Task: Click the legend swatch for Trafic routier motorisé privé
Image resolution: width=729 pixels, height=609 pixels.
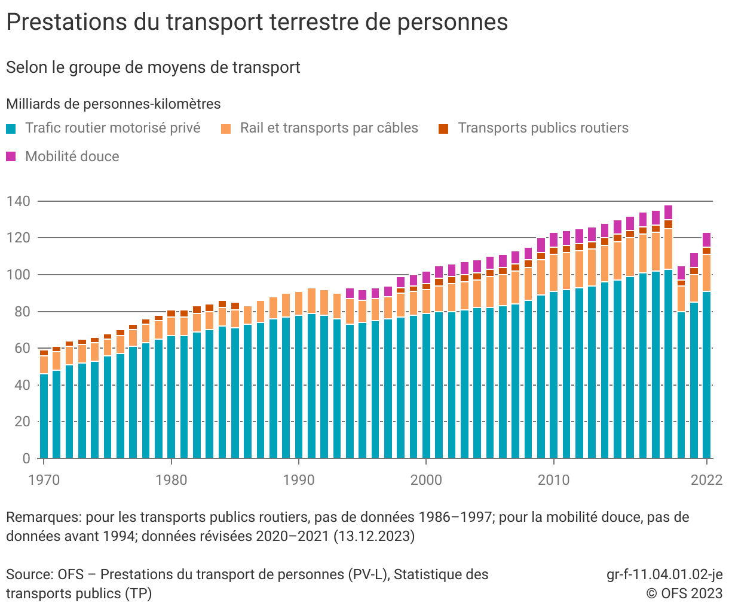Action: click(x=11, y=128)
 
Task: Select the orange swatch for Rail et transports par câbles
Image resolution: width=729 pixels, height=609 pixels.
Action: click(x=226, y=128)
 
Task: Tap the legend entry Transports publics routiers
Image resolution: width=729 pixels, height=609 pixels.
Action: click(x=543, y=128)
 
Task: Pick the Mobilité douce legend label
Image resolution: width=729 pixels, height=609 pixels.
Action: click(x=72, y=156)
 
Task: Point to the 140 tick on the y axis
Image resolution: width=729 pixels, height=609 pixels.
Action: click(x=18, y=201)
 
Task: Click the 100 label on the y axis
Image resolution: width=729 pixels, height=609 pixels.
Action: click(x=18, y=275)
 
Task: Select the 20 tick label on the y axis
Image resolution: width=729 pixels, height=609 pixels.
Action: click(x=22, y=422)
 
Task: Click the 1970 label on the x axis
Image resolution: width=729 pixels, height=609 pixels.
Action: click(x=44, y=480)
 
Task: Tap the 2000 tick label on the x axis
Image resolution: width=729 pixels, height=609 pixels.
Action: click(x=426, y=480)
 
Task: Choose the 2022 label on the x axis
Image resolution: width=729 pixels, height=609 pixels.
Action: click(x=706, y=480)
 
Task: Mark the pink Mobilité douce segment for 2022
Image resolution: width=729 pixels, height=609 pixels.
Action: click(x=707, y=240)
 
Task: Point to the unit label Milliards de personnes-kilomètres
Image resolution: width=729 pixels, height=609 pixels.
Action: click(x=114, y=104)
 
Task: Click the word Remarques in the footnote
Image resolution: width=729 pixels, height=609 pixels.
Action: click(x=43, y=517)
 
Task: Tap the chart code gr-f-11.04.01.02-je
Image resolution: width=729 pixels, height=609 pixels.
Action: click(x=664, y=574)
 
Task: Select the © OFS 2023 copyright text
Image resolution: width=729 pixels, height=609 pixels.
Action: click(x=684, y=593)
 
